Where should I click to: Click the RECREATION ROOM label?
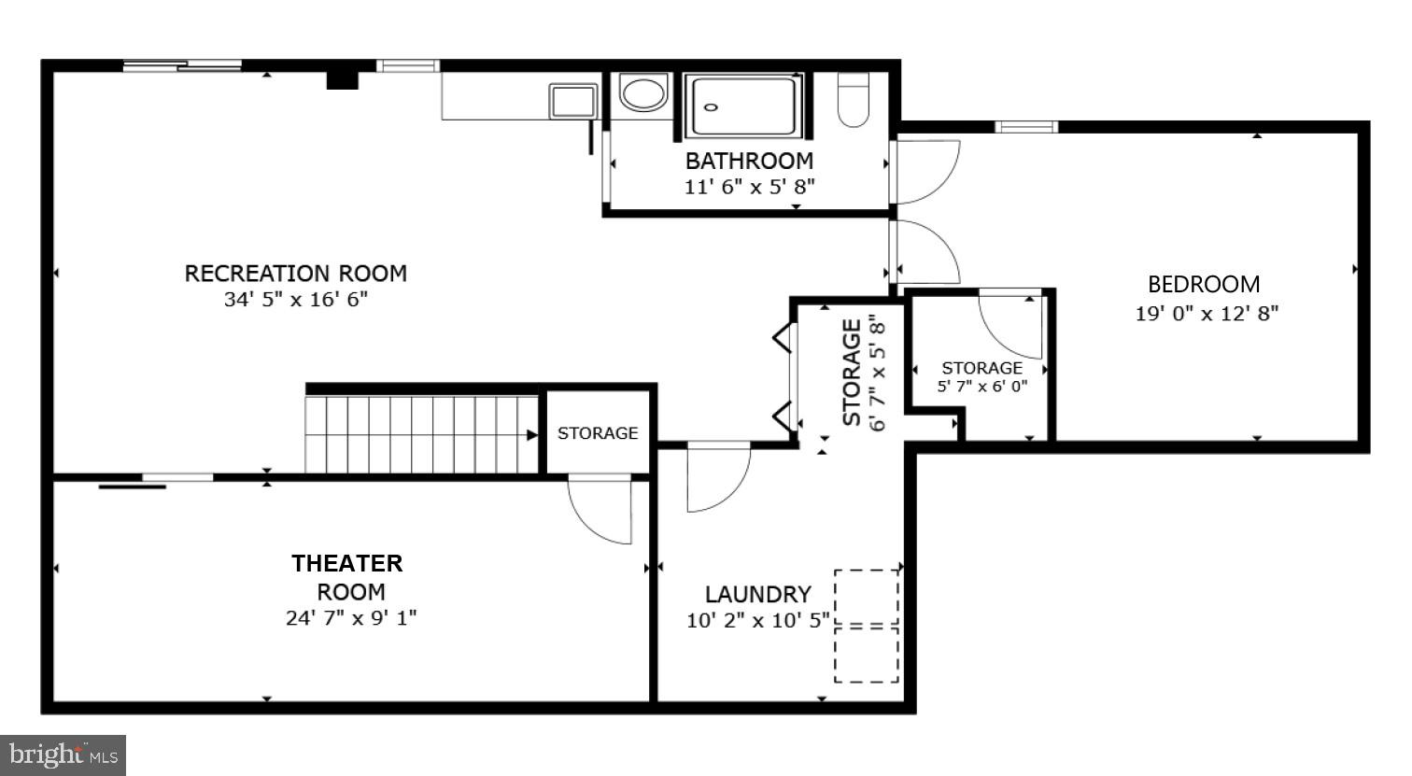tap(295, 274)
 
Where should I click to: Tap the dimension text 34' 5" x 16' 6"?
tap(295, 300)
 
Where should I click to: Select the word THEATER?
tap(347, 563)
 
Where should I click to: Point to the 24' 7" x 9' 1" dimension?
tap(351, 618)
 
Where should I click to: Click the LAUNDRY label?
tap(757, 594)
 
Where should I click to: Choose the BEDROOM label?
tap(1204, 284)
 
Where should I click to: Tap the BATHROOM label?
tap(749, 161)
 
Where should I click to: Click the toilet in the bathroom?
tap(853, 101)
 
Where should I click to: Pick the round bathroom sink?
tap(643, 94)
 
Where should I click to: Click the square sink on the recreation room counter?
tap(573, 101)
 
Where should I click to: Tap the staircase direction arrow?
tap(531, 434)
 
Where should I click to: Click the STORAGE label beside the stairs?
tap(598, 433)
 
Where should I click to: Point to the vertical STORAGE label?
tap(852, 374)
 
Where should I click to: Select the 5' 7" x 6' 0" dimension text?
tap(982, 386)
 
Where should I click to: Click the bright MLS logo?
tap(63, 755)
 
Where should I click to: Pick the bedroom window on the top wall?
tap(1025, 127)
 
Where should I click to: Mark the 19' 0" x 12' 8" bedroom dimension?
tap(1206, 314)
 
